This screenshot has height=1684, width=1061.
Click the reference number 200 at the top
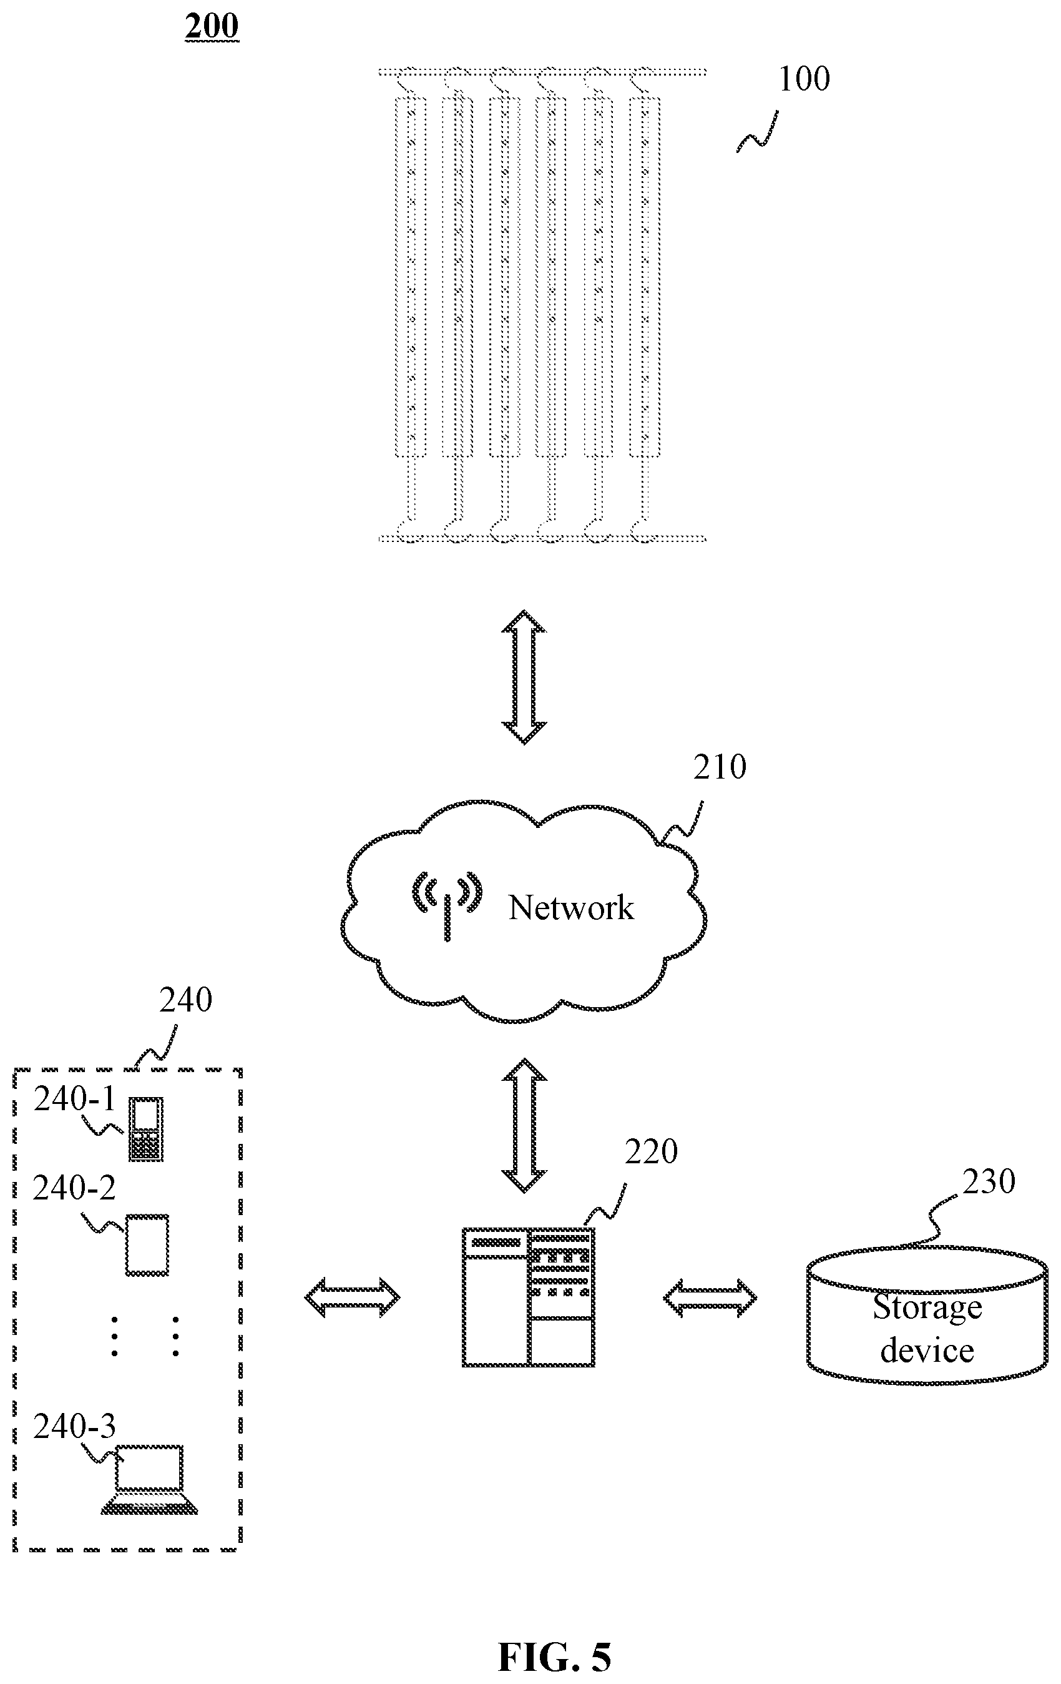click(212, 27)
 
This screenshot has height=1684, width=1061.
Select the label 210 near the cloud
click(719, 767)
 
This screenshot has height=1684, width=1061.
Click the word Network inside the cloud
click(571, 908)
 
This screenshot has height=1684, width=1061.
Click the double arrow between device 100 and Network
click(524, 677)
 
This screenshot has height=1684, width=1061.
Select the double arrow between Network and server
click(524, 1125)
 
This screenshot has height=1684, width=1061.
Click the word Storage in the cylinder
click(927, 1307)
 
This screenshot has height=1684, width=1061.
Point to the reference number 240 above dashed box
click(185, 1001)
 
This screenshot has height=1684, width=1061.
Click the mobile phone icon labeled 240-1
click(146, 1130)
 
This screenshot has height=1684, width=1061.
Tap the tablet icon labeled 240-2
click(147, 1246)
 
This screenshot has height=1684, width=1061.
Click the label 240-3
click(74, 1427)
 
